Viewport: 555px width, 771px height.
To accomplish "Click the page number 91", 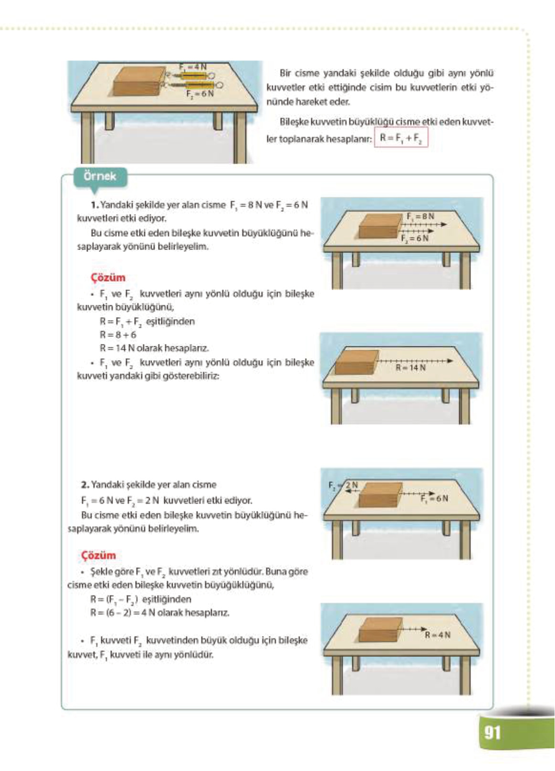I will (x=492, y=732).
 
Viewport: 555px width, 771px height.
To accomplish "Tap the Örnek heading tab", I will (x=100, y=176).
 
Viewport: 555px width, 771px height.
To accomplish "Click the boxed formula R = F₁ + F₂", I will (x=401, y=139).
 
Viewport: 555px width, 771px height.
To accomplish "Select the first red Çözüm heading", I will (x=108, y=278).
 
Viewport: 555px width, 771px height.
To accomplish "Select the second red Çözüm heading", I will (x=98, y=555).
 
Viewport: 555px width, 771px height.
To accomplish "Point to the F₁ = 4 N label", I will (x=193, y=67).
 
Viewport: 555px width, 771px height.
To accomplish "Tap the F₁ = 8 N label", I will (x=420, y=216).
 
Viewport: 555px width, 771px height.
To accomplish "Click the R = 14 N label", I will (x=410, y=368).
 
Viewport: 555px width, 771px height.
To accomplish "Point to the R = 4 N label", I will (x=437, y=635).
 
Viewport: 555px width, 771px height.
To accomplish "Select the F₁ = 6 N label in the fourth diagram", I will (x=434, y=499).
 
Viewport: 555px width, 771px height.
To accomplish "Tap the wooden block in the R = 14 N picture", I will (x=356, y=363).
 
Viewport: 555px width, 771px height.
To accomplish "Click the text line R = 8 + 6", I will (x=118, y=335).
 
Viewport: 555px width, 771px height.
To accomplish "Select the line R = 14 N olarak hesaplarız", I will (x=154, y=348).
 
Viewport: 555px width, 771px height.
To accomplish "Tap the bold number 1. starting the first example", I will (x=94, y=205).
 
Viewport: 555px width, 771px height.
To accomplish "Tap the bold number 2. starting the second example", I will (x=85, y=485).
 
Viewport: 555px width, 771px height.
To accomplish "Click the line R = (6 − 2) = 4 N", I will (x=159, y=613).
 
